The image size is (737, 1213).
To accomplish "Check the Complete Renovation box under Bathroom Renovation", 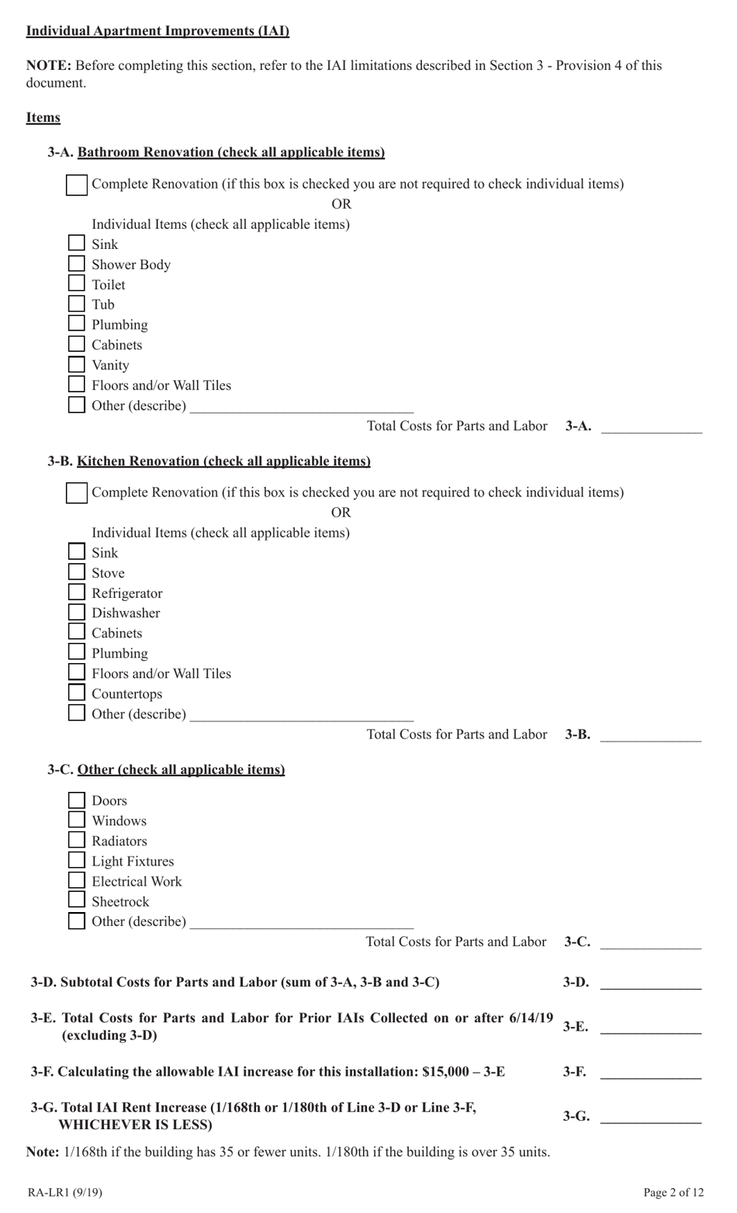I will [x=77, y=185].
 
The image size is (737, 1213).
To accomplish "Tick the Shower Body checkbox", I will [x=76, y=264].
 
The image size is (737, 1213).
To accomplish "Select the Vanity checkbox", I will [x=76, y=365].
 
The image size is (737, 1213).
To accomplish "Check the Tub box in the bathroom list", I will [x=76, y=304].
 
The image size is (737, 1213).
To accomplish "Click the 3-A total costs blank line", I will [x=651, y=429].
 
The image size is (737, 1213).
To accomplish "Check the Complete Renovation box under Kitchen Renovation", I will [x=77, y=493].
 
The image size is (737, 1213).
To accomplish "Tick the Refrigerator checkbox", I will [x=76, y=593].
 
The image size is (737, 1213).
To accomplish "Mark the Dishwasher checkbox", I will [x=76, y=613].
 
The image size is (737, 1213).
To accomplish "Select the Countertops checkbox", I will [x=76, y=693].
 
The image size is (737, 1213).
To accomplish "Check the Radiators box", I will [x=76, y=840].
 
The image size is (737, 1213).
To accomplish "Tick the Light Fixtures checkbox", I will [x=76, y=860].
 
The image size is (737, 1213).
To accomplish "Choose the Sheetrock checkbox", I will [x=76, y=900].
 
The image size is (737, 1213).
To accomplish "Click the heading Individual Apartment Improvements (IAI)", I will [x=157, y=31].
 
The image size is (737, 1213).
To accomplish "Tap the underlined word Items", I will [x=43, y=118].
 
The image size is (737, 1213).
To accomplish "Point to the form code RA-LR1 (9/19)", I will [x=64, y=1192].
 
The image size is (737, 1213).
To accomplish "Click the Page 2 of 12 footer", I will [x=673, y=1192].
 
